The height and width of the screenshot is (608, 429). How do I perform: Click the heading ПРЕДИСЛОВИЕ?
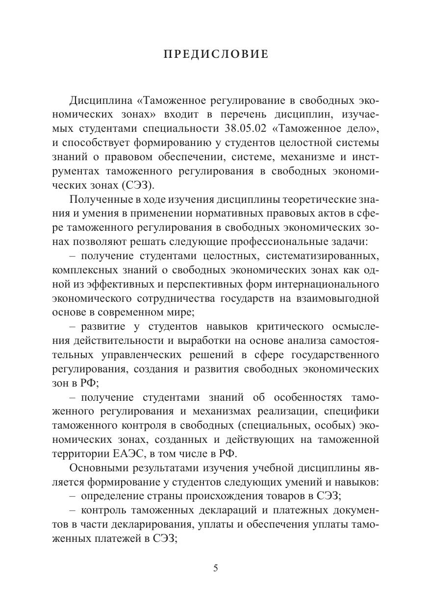[x=216, y=54]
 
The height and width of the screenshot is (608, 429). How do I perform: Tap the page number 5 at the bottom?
[x=216, y=568]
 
